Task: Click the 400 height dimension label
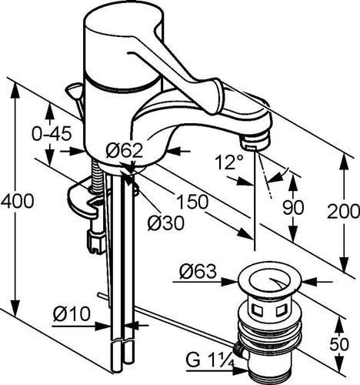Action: coord(17,201)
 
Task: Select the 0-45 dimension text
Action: coord(52,134)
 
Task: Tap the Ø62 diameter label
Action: coord(124,150)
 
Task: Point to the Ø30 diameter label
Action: coord(166,223)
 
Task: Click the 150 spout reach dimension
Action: coord(192,202)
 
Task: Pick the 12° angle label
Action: coord(229,162)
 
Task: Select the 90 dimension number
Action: coord(293,207)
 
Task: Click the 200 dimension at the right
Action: coord(343,211)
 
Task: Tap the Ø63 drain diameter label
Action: coord(198,271)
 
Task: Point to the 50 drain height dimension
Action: coord(339,344)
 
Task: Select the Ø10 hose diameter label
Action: coord(72,313)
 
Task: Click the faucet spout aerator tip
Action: coord(256,141)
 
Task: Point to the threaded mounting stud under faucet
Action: coord(98,176)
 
